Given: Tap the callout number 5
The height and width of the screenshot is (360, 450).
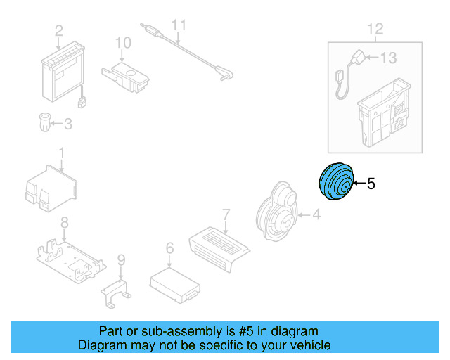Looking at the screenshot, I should point(371,184).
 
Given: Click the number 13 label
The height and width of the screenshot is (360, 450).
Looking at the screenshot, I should point(389,58).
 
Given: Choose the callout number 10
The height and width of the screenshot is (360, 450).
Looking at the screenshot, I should point(123,43).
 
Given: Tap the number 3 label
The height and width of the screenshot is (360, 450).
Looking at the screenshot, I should point(68,124).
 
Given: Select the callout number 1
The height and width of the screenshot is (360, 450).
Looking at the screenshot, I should point(61,152).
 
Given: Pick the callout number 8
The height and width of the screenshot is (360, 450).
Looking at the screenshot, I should point(64,223).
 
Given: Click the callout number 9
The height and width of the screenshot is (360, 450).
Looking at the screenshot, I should point(120,260).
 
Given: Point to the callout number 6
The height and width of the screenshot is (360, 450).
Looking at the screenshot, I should point(169,247).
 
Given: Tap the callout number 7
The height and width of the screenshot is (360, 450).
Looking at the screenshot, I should point(226,213).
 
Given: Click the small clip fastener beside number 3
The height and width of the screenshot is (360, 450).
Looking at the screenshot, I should point(44,124).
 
